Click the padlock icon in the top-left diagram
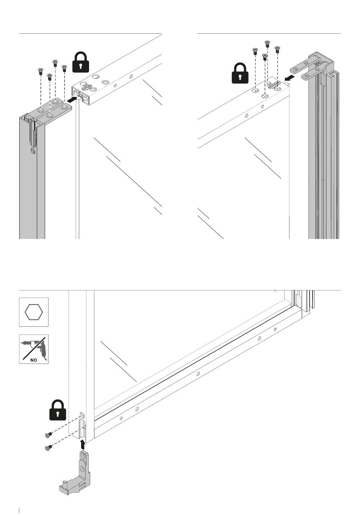pyautogui.click(x=81, y=62)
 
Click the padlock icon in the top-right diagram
pyautogui.click(x=240, y=73)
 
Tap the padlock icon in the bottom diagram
pyautogui.click(x=58, y=410)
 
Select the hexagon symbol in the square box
pyautogui.click(x=34, y=312)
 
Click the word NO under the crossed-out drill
pyautogui.click(x=34, y=360)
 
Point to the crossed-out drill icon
pyautogui.click(x=34, y=349)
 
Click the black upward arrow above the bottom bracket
pyautogui.click(x=83, y=445)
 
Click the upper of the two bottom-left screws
pyautogui.click(x=49, y=434)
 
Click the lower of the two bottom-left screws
pyautogui.click(x=49, y=448)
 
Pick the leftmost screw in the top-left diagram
pyautogui.click(x=41, y=71)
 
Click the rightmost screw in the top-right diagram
pyautogui.click(x=277, y=50)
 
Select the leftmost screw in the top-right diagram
pyautogui.click(x=255, y=51)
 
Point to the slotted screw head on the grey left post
pyautogui.click(x=33, y=151)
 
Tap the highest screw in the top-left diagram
pyautogui.click(x=55, y=63)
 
